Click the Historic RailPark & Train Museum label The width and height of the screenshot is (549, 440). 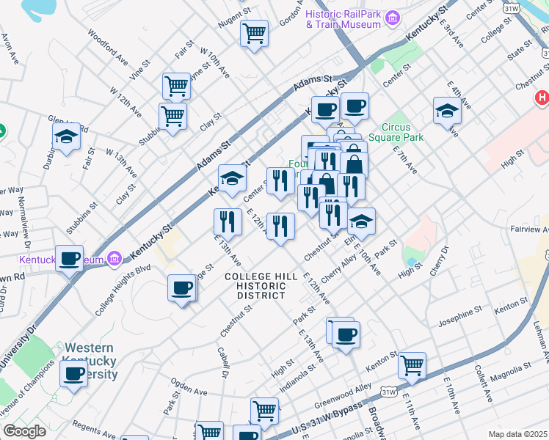click(x=343, y=19)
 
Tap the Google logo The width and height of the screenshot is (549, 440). click(x=23, y=430)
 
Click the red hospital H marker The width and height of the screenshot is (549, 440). click(x=542, y=98)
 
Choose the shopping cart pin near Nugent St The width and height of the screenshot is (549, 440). click(x=254, y=33)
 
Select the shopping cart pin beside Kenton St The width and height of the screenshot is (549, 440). click(x=412, y=364)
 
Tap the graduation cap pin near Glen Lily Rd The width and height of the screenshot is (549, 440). click(x=66, y=136)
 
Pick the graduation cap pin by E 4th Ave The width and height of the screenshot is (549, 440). click(x=446, y=111)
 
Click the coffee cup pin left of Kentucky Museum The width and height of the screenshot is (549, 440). click(x=70, y=259)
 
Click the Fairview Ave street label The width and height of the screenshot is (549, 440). click(x=528, y=229)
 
